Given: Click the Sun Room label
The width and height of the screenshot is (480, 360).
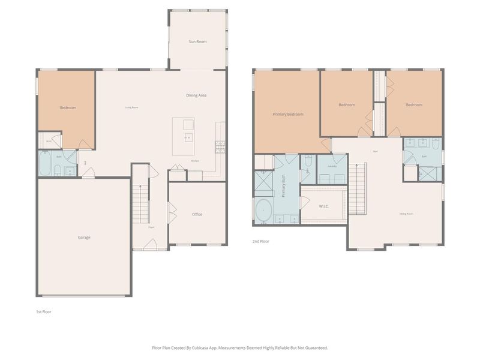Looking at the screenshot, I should click(197, 42).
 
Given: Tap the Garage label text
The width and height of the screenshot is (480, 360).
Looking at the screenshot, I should click(84, 238).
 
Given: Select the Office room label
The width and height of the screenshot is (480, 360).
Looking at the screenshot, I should click(197, 214).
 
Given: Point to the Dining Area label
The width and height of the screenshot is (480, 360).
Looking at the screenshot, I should click(196, 95).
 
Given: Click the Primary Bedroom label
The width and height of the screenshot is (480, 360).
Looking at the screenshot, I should click(288, 114).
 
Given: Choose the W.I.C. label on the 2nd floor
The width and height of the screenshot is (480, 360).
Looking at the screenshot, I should click(323, 206).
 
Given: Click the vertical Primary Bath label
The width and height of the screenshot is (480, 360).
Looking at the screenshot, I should click(283, 187).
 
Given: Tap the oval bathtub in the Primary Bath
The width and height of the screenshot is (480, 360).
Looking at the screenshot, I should click(265, 211).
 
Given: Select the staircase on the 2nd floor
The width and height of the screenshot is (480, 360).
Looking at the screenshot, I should click(357, 184).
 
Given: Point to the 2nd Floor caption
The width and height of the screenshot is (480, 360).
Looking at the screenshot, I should click(260, 241).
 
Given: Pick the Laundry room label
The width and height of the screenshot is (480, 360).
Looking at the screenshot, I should click(332, 166).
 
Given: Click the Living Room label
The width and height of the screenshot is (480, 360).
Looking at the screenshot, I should click(131, 107).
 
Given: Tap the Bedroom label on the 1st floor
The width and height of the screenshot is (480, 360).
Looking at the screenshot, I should click(68, 108).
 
